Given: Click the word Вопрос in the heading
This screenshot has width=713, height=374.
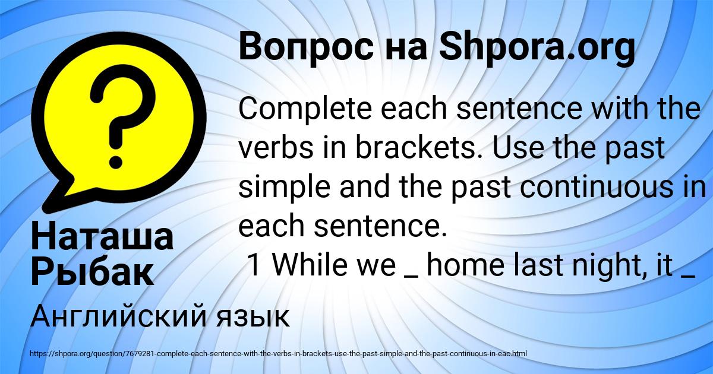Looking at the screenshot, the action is (306, 47).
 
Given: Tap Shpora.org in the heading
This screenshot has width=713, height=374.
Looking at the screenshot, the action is (537, 47).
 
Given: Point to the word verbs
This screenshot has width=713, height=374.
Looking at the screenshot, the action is (276, 148).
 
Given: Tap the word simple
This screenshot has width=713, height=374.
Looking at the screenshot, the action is (284, 187).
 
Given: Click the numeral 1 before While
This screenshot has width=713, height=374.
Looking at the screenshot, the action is (254, 265).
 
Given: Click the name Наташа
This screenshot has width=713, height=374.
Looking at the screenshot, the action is (102, 237).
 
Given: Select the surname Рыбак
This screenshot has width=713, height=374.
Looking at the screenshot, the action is (92, 273).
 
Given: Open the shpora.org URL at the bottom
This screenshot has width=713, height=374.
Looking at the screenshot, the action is (279, 354).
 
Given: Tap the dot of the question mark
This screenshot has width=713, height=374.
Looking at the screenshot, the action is (116, 161).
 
